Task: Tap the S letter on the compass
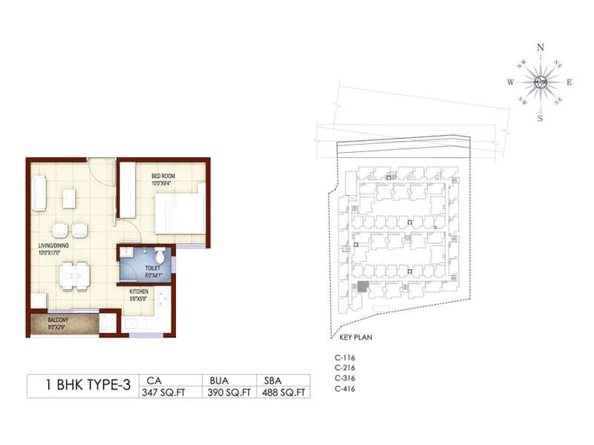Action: (x=541, y=119)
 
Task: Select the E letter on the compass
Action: (x=569, y=83)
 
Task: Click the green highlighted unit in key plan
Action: (x=362, y=286)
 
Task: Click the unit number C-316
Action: (x=345, y=378)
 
